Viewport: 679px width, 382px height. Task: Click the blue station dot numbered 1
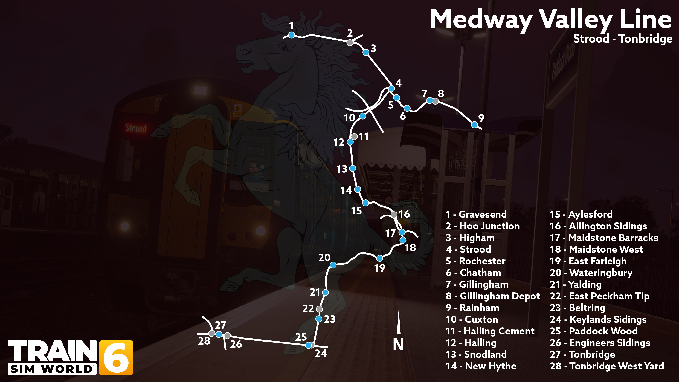[291, 35]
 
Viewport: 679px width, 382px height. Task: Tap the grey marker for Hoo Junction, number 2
[350, 42]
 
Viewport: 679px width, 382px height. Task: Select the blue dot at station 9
[474, 125]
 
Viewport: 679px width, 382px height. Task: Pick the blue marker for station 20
[333, 265]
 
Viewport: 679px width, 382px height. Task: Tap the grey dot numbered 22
[319, 309]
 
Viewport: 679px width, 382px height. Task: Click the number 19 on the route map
[380, 268]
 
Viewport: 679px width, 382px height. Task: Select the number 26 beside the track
[236, 344]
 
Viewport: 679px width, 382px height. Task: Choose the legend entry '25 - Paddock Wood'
[594, 331]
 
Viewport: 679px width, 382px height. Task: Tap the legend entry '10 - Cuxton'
[472, 320]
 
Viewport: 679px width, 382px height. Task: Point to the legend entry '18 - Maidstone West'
[596, 249]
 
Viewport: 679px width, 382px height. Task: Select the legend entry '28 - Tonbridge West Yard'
[607, 366]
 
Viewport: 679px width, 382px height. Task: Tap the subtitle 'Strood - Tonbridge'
[623, 39]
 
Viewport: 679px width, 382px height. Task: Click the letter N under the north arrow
[398, 344]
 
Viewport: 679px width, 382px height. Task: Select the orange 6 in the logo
[116, 357]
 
